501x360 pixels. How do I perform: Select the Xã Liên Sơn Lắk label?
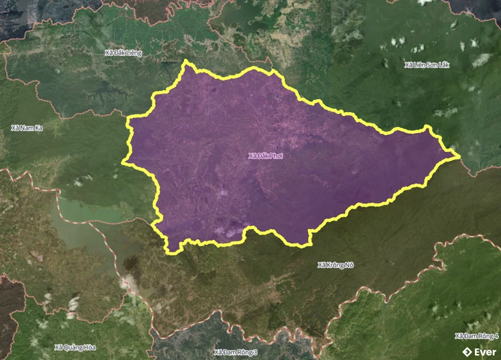click(x=427, y=65)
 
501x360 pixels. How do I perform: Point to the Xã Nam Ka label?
click(x=27, y=128)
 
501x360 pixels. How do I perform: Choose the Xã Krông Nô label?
click(x=335, y=265)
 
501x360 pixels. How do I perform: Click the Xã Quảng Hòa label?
click(x=75, y=346)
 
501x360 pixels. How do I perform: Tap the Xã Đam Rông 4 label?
click(x=476, y=336)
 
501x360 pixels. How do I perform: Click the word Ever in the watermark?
click(x=485, y=352)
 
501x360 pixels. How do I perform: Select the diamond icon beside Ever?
click(x=466, y=352)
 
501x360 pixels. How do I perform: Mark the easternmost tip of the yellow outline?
click(x=461, y=156)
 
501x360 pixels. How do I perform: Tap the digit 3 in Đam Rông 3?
click(x=256, y=352)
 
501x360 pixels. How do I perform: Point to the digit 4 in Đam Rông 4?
click(x=496, y=336)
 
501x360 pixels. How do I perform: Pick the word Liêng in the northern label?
click(x=134, y=52)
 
